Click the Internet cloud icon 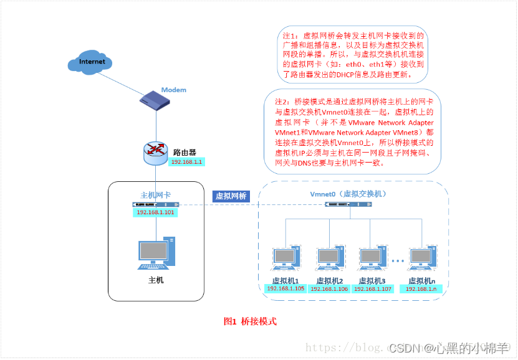(92, 62)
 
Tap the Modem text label (174, 90)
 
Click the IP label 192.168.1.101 (156, 212)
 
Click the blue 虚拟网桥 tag (231, 196)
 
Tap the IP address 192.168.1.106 (329, 288)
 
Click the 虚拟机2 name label (329, 280)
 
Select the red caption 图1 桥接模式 (249, 321)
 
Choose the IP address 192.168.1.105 (285, 288)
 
